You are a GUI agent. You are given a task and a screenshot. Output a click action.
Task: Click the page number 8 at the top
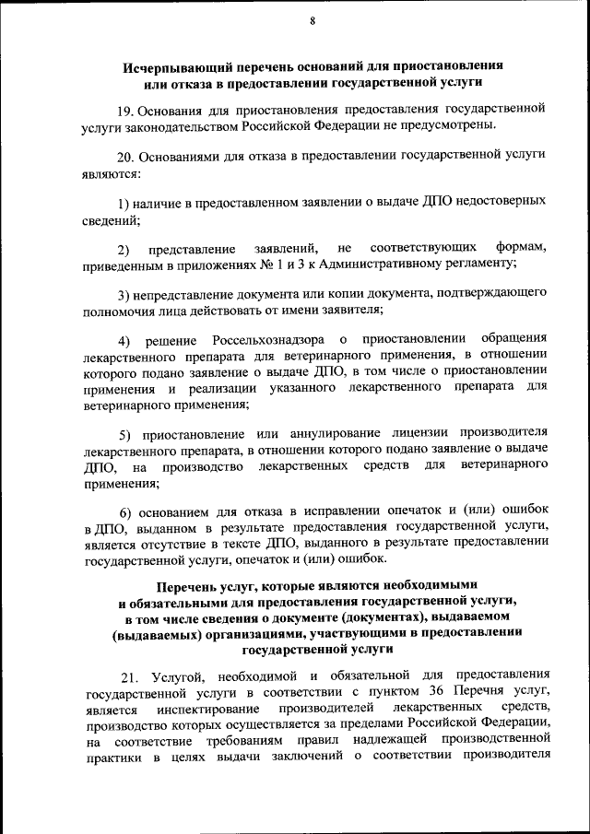313,21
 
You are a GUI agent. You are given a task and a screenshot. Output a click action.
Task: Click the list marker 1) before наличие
124,200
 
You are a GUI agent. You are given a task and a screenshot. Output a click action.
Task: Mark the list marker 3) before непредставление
124,294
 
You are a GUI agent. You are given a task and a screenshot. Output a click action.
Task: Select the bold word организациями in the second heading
247,633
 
